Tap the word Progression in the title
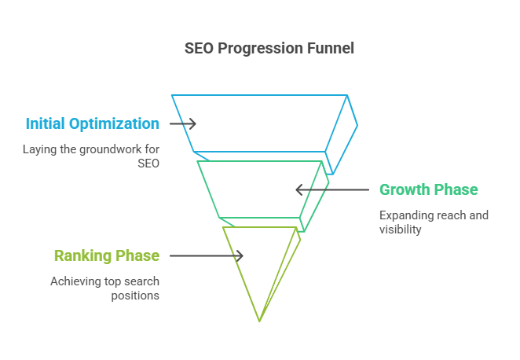(x=260, y=49)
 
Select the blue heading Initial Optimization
(x=93, y=123)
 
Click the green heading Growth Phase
(x=428, y=189)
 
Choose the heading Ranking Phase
(x=107, y=255)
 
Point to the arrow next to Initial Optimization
(x=183, y=123)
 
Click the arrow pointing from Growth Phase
(x=332, y=189)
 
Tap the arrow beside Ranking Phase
(x=207, y=255)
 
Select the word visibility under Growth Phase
(x=401, y=230)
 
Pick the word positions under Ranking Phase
(x=135, y=296)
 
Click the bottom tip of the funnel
(x=259, y=321)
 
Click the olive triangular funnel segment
(x=241, y=274)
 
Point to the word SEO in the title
(x=199, y=49)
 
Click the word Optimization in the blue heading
(x=114, y=124)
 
